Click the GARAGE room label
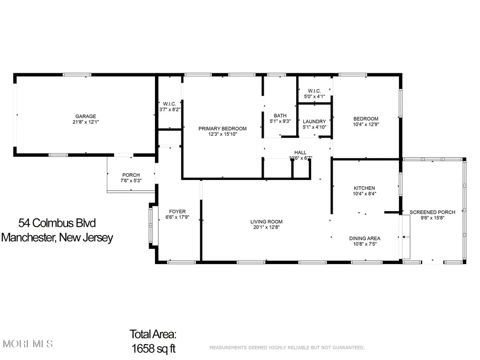tap(86, 116)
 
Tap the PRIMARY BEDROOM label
tap(223, 129)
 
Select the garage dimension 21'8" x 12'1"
tap(86, 122)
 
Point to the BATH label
tap(280, 116)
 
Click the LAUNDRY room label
tap(314, 121)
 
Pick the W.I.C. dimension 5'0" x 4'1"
tap(314, 96)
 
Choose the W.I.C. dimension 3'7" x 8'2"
tap(169, 109)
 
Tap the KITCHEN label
tap(364, 188)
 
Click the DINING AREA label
tap(365, 239)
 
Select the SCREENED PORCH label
tap(432, 212)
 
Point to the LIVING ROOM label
tap(266, 222)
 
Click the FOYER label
tap(177, 212)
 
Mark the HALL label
tap(300, 153)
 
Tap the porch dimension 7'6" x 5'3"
tap(131, 180)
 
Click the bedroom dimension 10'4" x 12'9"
tap(366, 124)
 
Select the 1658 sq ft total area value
tap(154, 348)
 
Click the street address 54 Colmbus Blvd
tap(57, 223)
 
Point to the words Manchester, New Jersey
tap(57, 238)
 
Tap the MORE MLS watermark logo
tap(28, 344)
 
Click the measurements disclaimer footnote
tap(287, 348)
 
